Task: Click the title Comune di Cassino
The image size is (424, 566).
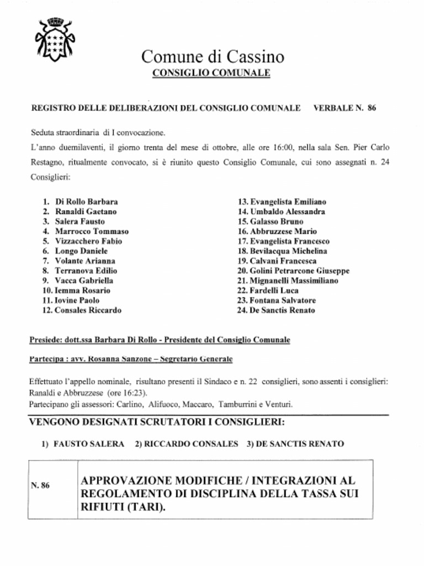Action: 213,56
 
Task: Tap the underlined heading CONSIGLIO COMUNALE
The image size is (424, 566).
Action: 211,73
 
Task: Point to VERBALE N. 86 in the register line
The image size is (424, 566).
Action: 344,108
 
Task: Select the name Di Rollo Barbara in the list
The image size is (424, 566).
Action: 87,202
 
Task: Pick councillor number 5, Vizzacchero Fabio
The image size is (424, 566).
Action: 88,241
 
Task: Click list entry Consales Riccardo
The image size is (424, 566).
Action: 88,310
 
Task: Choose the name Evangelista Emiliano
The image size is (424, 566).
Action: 288,202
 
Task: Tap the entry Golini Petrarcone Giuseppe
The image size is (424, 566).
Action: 299,271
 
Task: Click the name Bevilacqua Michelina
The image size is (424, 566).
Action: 288,251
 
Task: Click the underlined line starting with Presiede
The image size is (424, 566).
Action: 160,339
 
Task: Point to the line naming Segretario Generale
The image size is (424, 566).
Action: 130,359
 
